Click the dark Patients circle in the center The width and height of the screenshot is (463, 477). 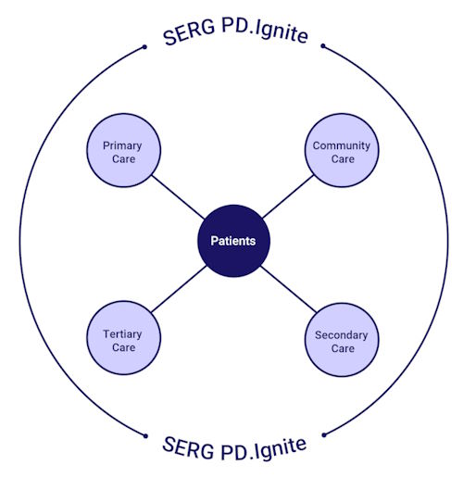tap(233, 241)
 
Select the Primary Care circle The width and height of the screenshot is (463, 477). tap(123, 150)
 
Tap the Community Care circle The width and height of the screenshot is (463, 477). tap(342, 150)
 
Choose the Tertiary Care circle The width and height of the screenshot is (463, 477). tap(123, 338)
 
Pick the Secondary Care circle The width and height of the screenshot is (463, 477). tap(342, 339)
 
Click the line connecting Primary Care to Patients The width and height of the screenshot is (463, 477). tap(178, 197)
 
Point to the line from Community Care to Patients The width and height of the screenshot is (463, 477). tap(288, 196)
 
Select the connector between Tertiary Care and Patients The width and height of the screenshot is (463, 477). tap(179, 289)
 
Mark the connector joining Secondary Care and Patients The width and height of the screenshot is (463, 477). tap(289, 289)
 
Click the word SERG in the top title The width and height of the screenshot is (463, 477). tap(189, 33)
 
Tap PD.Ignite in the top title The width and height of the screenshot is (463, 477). tap(265, 31)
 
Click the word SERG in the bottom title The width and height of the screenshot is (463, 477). tap(188, 447)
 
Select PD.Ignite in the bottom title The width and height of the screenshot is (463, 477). tap(264, 449)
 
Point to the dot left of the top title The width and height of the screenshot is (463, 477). tap(144, 47)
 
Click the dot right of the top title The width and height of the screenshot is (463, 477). tap(323, 46)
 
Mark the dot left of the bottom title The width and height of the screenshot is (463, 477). tap(145, 436)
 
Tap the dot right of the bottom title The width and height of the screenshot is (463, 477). tap(324, 435)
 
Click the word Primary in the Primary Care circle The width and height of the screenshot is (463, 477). tap(122, 145)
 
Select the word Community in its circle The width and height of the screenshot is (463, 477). tap(342, 145)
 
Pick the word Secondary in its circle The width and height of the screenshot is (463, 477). tap(342, 335)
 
